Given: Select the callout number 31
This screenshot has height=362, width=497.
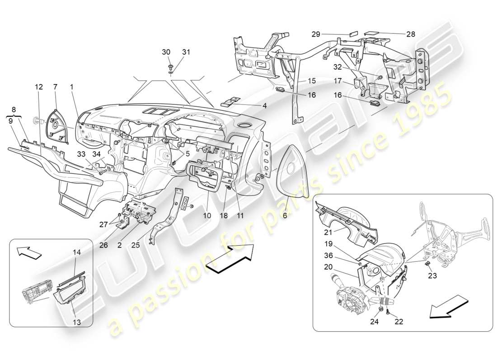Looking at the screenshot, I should tap(186, 52).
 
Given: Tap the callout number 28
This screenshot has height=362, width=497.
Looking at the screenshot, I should tap(410, 34).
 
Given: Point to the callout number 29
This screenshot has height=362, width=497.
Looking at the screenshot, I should tap(316, 34).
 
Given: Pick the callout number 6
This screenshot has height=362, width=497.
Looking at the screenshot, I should tap(285, 216).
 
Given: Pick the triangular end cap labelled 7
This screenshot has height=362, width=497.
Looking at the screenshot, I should tap(57, 126).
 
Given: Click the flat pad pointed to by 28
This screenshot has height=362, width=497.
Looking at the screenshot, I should tap(372, 33).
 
